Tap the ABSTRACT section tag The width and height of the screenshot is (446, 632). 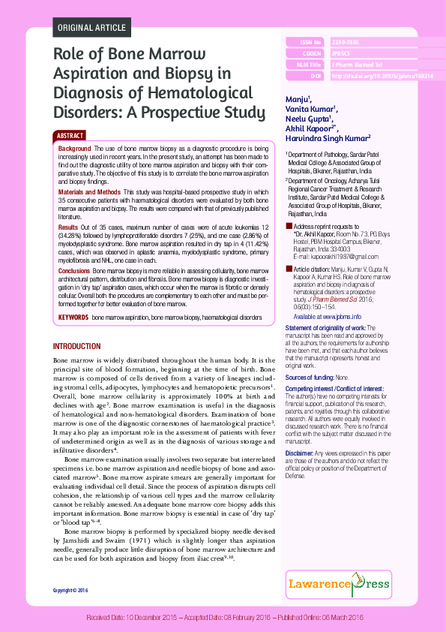(70, 136)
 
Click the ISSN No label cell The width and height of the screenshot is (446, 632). (305, 43)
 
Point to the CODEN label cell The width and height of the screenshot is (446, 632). (305, 54)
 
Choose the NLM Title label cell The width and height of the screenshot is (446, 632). (305, 65)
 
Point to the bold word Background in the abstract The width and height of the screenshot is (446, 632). (75, 149)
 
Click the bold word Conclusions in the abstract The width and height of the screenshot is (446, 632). (74, 269)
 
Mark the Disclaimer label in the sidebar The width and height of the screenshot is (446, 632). (299, 453)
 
